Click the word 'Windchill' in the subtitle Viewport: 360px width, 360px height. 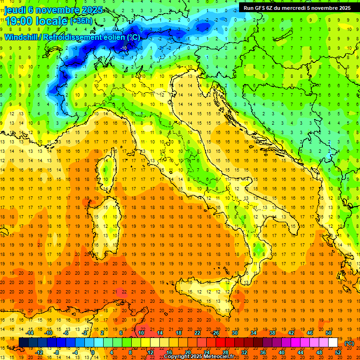point(22,37)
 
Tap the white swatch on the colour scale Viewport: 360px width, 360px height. point(333,343)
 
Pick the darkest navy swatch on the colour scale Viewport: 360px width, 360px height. point(23,343)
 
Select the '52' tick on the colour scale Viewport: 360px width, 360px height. point(338,352)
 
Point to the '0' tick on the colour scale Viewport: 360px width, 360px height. point(93,352)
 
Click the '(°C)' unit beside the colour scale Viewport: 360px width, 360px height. point(349,343)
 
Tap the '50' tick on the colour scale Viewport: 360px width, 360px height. point(329,332)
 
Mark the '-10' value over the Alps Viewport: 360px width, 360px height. point(124,48)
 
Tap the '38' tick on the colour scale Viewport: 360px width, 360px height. point(272,332)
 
